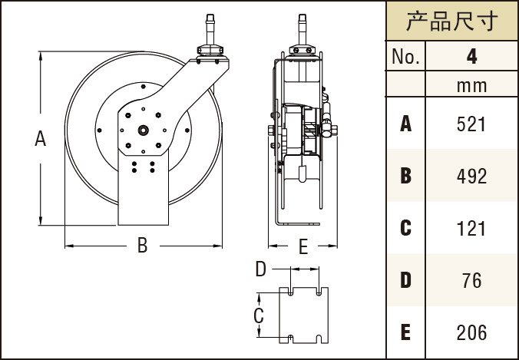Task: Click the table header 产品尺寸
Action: (x=451, y=21)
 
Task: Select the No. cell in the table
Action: (x=404, y=57)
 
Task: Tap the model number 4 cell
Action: (x=471, y=57)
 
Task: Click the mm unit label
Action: (x=471, y=86)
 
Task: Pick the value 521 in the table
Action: (x=471, y=124)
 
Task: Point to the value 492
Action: (x=471, y=176)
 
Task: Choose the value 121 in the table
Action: (x=471, y=228)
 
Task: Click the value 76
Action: (x=471, y=280)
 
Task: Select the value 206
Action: (x=471, y=332)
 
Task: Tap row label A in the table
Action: (x=405, y=124)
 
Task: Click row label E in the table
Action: (x=405, y=332)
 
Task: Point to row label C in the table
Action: (x=405, y=228)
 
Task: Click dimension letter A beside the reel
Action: (x=41, y=139)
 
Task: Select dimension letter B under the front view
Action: (x=142, y=246)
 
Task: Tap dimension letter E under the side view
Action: (x=302, y=246)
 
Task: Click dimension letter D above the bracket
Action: (x=260, y=269)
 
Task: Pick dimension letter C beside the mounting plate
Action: (x=259, y=315)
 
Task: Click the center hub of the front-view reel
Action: (x=144, y=130)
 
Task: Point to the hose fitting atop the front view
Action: (x=210, y=31)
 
